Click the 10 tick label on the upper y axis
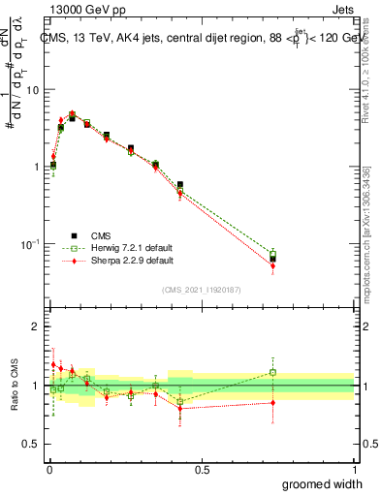(33, 90)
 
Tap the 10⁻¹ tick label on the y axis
(29, 242)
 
